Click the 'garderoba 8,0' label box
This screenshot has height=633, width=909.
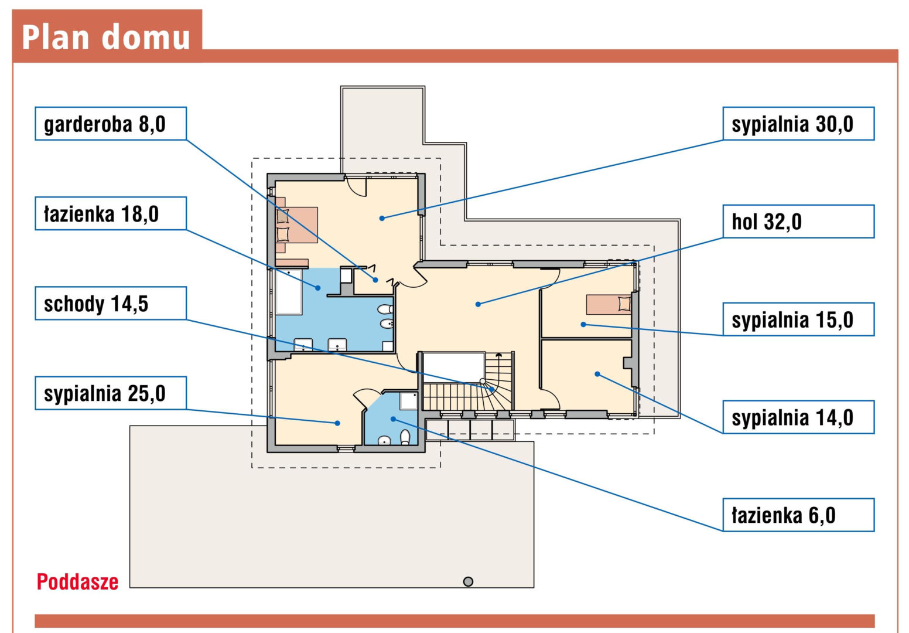(111, 124)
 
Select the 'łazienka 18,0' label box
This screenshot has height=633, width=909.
(111, 213)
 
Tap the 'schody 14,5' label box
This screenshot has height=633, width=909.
(111, 303)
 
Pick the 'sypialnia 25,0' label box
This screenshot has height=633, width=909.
(111, 393)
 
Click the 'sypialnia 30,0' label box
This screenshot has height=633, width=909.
(798, 124)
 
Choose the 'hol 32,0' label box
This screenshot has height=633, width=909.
(798, 222)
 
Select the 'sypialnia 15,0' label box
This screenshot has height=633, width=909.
(798, 319)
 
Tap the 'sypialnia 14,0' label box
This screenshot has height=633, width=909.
(798, 417)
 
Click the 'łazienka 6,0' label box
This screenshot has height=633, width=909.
(798, 515)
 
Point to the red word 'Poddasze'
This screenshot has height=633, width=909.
(77, 582)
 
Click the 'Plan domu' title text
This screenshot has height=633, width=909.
(106, 37)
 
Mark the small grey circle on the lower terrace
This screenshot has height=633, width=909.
(468, 581)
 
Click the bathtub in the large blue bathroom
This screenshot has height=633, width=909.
(289, 291)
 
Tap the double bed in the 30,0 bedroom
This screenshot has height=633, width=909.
(296, 225)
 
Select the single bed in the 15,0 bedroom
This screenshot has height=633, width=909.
(609, 305)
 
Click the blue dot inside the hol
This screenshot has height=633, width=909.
(478, 304)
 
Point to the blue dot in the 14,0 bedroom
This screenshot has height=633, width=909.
(597, 374)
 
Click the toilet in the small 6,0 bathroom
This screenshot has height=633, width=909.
(405, 437)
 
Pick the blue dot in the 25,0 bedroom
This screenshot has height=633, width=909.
(337, 423)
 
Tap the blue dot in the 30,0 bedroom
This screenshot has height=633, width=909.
(382, 219)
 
